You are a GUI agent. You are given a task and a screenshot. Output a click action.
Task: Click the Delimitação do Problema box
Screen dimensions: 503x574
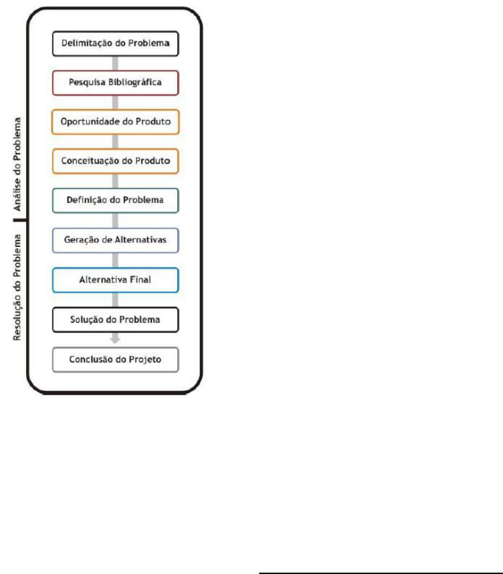coord(115,43)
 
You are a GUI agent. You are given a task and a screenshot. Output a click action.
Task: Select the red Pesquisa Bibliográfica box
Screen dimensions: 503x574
coord(115,83)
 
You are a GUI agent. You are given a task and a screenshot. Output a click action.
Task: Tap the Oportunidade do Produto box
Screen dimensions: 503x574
coord(115,122)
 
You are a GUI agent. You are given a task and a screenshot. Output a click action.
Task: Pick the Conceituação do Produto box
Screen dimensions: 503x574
coord(115,161)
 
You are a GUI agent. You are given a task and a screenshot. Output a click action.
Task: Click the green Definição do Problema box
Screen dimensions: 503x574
coord(115,200)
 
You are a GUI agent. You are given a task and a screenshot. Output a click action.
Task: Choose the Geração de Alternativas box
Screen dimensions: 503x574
coord(115,240)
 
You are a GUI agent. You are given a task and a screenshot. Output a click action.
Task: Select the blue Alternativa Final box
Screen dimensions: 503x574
coord(115,280)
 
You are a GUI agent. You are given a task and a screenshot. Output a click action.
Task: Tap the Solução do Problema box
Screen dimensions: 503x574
coord(115,320)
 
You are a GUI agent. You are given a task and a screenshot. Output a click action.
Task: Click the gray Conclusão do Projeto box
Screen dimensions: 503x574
coord(115,360)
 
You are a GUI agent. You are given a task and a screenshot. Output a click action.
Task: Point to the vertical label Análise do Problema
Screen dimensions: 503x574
coord(17,164)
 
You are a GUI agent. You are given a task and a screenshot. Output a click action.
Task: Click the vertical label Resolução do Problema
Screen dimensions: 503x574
coord(17,288)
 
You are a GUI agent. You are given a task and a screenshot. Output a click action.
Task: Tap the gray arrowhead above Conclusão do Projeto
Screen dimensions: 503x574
coord(115,340)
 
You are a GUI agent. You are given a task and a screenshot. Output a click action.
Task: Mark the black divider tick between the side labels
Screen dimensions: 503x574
coord(20,220)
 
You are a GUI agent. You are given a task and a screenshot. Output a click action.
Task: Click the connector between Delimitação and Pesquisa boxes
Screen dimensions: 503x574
coord(115,63)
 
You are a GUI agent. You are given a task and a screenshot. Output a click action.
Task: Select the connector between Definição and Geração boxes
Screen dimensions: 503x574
coord(115,220)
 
